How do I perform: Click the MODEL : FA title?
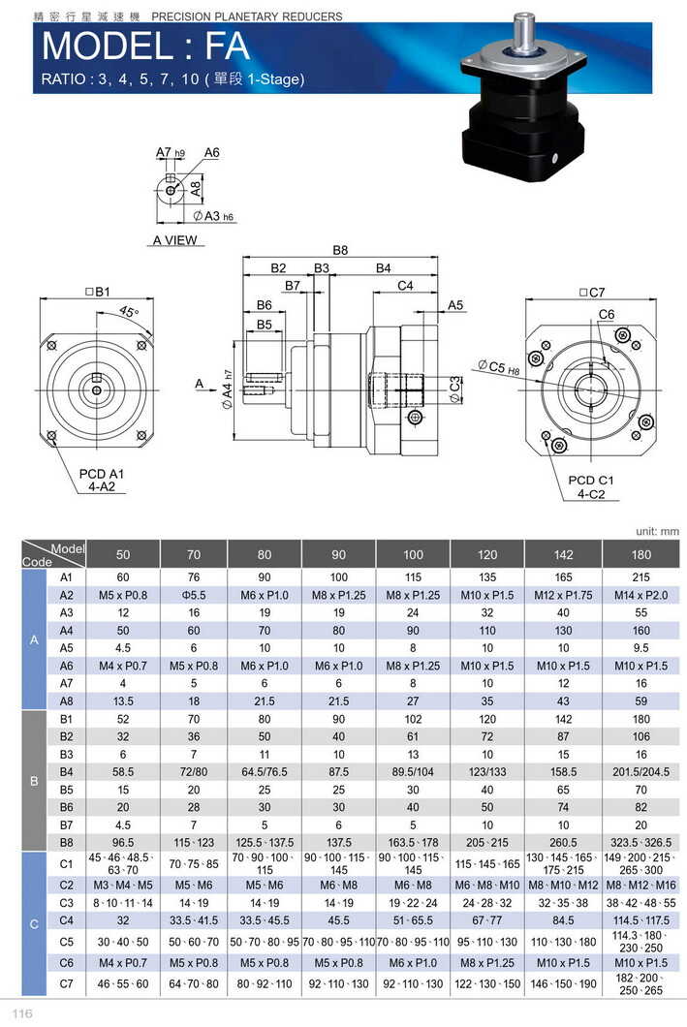pos(145,47)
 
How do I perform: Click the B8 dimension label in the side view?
pos(339,250)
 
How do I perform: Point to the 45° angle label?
pos(129,312)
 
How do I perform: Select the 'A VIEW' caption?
pos(174,240)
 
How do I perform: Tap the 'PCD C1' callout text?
pos(591,481)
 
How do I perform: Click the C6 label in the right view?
pos(606,315)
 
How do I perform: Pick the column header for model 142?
pos(562,555)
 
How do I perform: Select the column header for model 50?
pos(123,555)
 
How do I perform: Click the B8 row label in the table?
pos(67,842)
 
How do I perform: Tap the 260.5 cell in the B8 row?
pos(562,842)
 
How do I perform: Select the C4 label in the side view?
pos(405,286)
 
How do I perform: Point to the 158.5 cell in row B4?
pos(562,772)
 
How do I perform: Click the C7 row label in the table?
pos(67,983)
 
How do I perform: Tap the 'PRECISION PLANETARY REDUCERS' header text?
pos(247,16)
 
